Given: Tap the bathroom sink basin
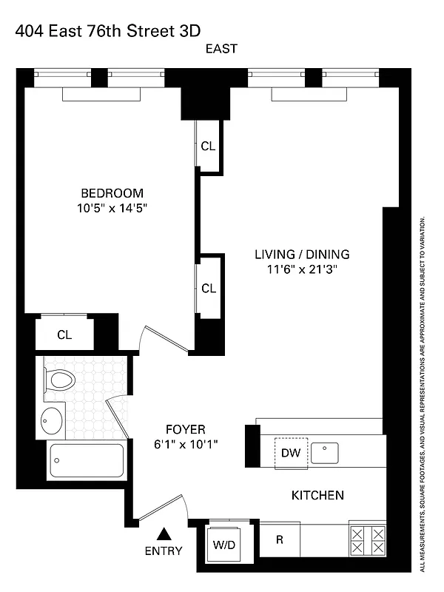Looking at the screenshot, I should click(53, 420).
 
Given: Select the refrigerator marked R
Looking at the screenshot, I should click(280, 539).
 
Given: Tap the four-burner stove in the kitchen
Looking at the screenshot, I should click(367, 539).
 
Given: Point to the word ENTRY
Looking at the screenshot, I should click(164, 551).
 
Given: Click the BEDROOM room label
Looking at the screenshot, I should click(112, 193).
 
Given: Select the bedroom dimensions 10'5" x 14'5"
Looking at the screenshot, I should click(112, 209).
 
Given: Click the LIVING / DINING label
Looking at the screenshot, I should click(302, 254).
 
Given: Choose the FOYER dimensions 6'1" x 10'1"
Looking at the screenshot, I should click(186, 444).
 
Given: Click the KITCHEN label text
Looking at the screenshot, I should click(317, 495).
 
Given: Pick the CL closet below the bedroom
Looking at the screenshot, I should click(65, 334).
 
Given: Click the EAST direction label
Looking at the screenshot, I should click(222, 49).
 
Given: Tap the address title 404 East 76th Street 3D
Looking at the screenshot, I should click(107, 29).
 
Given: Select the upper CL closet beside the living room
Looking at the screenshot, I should click(209, 147).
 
